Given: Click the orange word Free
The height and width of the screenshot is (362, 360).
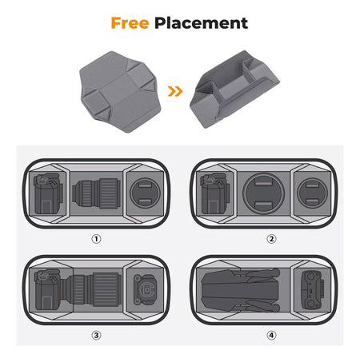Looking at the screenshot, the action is pyautogui.click(x=130, y=23).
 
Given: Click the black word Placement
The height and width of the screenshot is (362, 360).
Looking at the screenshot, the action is pyautogui.click(x=201, y=23).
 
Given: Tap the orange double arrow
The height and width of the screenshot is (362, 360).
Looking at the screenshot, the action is pyautogui.click(x=175, y=91).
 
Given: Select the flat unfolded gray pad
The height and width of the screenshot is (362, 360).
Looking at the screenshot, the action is pyautogui.click(x=120, y=91).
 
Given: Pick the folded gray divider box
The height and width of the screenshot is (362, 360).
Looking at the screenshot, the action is pyautogui.click(x=234, y=90).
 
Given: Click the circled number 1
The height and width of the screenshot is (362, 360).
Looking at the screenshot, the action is pyautogui.click(x=96, y=239).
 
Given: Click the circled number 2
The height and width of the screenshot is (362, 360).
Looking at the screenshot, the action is pyautogui.click(x=271, y=239).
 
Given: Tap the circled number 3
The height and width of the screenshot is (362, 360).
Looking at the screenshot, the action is pyautogui.click(x=96, y=335).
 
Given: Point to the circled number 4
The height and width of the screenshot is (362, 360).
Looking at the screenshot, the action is pyautogui.click(x=271, y=335).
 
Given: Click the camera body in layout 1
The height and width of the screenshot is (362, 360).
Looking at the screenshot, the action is pyautogui.click(x=48, y=193).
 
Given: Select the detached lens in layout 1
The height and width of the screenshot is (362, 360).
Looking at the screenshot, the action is pyautogui.click(x=96, y=193).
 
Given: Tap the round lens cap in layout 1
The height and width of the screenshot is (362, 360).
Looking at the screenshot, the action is pyautogui.click(x=145, y=193).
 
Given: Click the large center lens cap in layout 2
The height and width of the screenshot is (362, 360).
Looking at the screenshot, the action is pyautogui.click(x=263, y=193).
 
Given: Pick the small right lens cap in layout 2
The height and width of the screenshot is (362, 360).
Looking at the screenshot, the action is pyautogui.click(x=312, y=193).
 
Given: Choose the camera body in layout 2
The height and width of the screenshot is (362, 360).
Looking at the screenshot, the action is pyautogui.click(x=215, y=194).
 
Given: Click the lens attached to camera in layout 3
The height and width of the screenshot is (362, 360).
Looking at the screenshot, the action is pyautogui.click(x=91, y=289).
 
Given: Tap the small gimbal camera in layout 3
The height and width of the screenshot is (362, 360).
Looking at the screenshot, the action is pyautogui.click(x=146, y=289).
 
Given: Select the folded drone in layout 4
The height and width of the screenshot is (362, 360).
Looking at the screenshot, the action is pyautogui.click(x=241, y=290).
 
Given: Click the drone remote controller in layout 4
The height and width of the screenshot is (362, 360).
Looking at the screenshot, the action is pyautogui.click(x=313, y=290).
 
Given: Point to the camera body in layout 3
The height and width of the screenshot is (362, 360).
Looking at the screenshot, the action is pyautogui.click(x=48, y=290).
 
